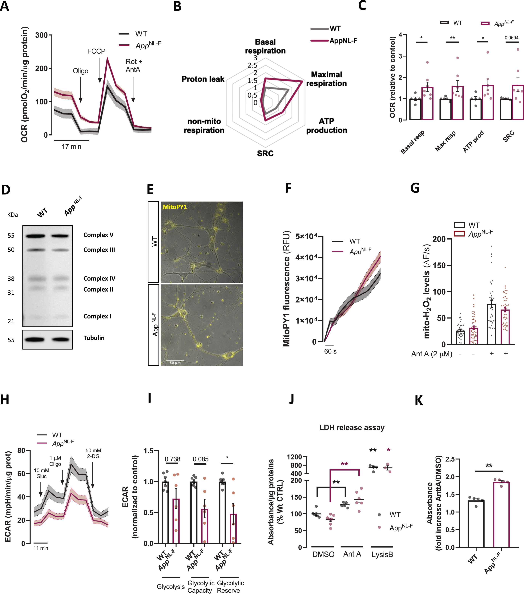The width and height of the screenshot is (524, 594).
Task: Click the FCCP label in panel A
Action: pyautogui.click(x=96, y=51)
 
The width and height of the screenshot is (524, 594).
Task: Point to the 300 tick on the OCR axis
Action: pyautogui.click(x=41, y=35)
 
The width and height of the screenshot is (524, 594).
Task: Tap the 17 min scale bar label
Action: pyautogui.click(x=71, y=147)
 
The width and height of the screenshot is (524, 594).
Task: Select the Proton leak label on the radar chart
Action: pyautogui.click(x=203, y=79)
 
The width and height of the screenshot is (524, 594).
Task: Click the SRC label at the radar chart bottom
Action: pyautogui.click(x=265, y=153)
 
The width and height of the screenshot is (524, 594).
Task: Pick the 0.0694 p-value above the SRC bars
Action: pyautogui.click(x=511, y=38)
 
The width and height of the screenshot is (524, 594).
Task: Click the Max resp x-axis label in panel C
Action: pyautogui.click(x=445, y=141)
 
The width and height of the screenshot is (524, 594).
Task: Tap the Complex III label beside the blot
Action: pyautogui.click(x=99, y=250)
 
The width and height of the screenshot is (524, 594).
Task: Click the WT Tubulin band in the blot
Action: pyautogui.click(x=35, y=339)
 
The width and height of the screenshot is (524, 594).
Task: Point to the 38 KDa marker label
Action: pyautogui.click(x=11, y=279)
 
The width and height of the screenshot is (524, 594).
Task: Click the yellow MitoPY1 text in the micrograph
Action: pyautogui.click(x=175, y=207)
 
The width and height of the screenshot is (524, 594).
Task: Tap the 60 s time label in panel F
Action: pyautogui.click(x=330, y=351)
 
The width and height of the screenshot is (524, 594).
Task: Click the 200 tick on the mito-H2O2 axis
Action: pyautogui.click(x=439, y=239)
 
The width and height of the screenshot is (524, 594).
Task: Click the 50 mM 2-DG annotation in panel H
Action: pyautogui.click(x=93, y=453)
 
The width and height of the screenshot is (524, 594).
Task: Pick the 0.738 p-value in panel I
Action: pyautogui.click(x=172, y=459)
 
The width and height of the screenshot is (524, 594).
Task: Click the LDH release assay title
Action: pyautogui.click(x=352, y=427)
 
